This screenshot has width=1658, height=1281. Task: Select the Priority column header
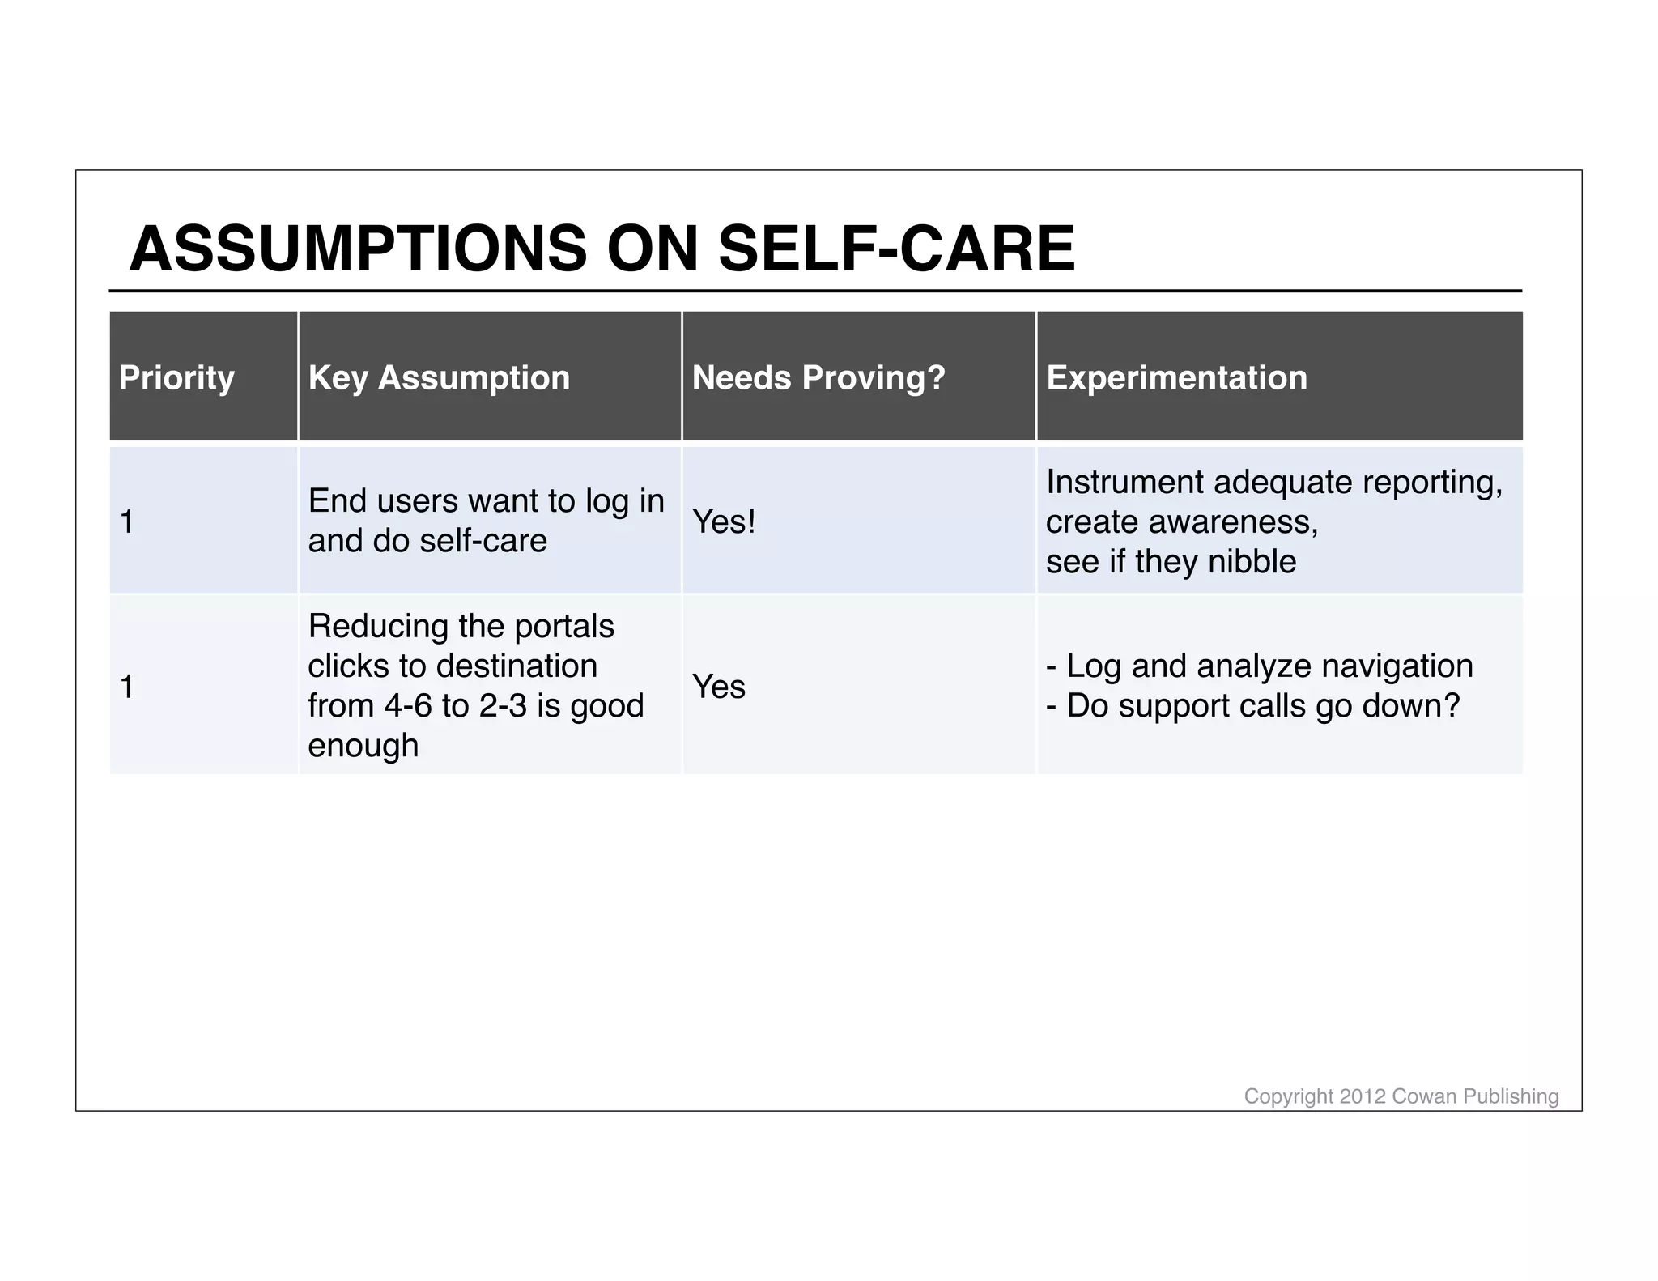(x=176, y=377)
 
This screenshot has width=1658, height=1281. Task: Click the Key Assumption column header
(x=439, y=377)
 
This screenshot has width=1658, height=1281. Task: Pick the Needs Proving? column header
(x=818, y=377)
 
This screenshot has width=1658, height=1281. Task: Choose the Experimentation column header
(x=1176, y=377)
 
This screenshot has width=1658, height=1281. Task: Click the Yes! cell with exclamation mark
(x=723, y=521)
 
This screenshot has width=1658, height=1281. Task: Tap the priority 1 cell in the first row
(x=127, y=521)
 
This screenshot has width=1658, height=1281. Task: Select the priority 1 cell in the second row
(x=127, y=687)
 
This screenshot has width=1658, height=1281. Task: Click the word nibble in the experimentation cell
(x=1252, y=561)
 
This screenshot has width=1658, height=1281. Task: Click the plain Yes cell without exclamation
(x=718, y=687)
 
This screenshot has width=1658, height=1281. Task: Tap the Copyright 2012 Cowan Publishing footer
(x=1401, y=1096)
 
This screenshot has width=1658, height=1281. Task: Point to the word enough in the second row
(x=363, y=746)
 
